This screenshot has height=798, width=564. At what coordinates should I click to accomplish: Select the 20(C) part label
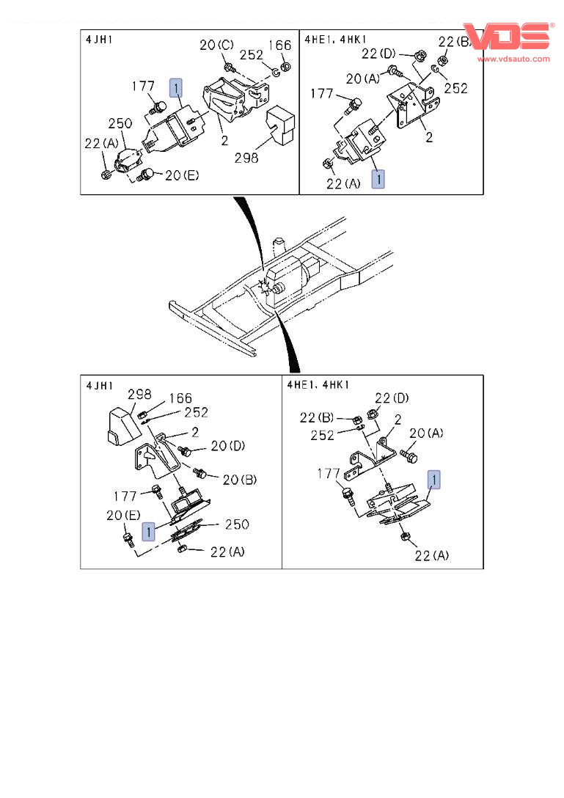[216, 45]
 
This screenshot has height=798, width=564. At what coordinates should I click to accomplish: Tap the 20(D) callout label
[227, 445]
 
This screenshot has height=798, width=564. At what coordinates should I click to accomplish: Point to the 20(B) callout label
[239, 480]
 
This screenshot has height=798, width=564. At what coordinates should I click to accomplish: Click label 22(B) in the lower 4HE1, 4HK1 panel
[317, 417]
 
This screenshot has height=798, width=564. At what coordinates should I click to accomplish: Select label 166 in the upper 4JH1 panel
[279, 45]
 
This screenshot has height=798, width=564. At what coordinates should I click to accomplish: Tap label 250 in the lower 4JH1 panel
[236, 524]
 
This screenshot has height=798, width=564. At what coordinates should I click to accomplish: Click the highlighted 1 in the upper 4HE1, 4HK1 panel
[378, 178]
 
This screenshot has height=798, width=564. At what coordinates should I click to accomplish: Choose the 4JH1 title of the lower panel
[100, 384]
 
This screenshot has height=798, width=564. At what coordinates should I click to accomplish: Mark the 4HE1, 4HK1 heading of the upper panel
[336, 39]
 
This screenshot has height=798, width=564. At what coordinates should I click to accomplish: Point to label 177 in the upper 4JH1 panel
[143, 87]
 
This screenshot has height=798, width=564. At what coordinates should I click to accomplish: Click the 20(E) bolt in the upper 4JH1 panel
[147, 174]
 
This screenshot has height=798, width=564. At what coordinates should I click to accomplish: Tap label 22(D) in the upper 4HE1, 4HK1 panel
[378, 53]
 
